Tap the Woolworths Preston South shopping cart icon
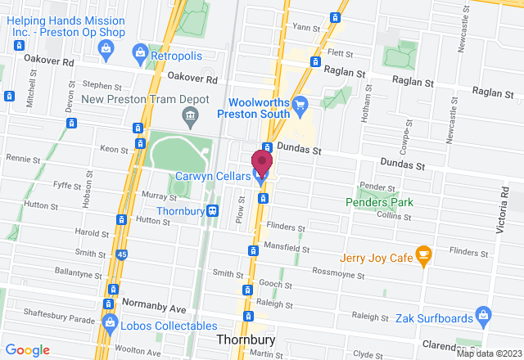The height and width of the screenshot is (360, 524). pos(300,104)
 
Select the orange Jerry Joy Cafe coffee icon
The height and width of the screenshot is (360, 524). pos(423,255)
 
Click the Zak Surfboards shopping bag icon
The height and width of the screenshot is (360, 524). pos(484,314)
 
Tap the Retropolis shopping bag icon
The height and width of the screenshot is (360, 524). pos(142,53)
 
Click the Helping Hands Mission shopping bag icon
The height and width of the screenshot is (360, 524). pos(104,51)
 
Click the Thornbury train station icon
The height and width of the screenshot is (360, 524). pos(214,209)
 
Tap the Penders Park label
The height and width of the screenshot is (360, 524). pos(379,201)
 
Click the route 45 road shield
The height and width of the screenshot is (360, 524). pos(122,255)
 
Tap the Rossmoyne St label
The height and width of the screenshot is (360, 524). pos(341,272)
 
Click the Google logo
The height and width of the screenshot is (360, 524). pos(29,350)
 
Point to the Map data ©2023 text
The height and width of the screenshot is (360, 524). pos(489,353)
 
